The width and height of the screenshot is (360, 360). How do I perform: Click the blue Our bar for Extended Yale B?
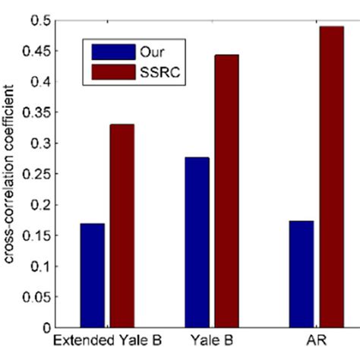pos(91,275)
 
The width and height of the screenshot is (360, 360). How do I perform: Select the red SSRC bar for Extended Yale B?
pos(122,226)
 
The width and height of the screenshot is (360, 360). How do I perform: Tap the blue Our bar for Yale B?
pos(197,242)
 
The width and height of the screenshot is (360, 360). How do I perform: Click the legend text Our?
pos(150,52)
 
